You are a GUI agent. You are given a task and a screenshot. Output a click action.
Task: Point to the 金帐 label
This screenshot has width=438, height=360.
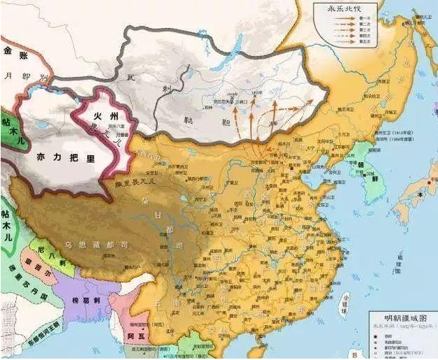[15, 50]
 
